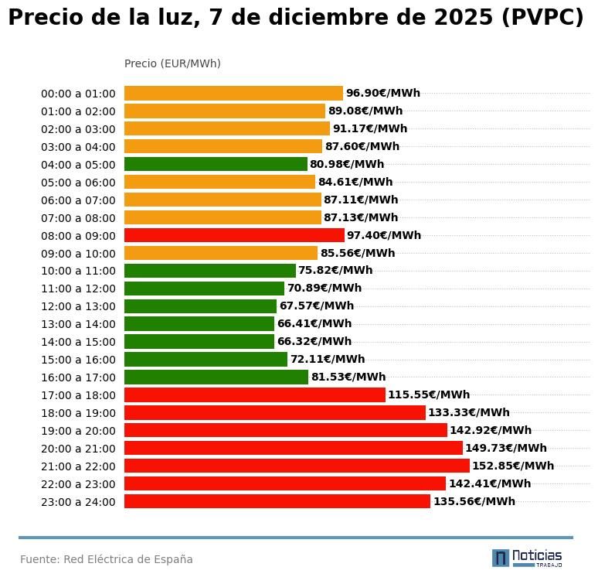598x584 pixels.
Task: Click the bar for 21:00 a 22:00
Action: click(297, 466)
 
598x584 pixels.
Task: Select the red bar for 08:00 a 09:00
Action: click(234, 235)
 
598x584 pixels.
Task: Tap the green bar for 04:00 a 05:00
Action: click(216, 164)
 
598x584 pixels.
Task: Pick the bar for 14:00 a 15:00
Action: click(199, 341)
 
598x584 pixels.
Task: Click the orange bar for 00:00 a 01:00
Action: click(233, 94)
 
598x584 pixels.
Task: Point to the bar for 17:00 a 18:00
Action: click(254, 394)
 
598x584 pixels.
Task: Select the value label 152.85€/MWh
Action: click(513, 466)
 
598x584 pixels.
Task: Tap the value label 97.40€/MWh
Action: click(384, 235)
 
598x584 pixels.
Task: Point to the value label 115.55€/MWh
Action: click(429, 394)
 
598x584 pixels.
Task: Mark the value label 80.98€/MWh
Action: click(347, 164)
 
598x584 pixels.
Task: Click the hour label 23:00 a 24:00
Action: click(78, 502)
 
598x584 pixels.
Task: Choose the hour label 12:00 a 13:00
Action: click(78, 307)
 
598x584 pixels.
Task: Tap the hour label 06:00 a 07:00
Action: click(78, 200)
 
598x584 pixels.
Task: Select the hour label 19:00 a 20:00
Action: click(78, 431)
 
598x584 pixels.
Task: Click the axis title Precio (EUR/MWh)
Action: click(172, 63)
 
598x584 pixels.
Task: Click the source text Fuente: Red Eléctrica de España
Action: click(107, 559)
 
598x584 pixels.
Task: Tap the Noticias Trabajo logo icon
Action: click(501, 558)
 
